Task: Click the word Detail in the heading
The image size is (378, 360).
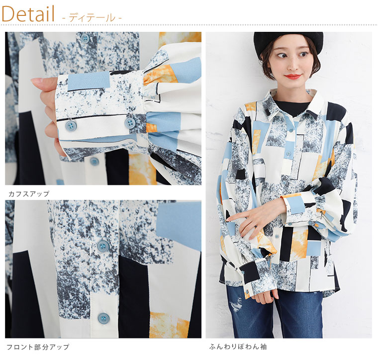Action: pyautogui.click(x=28, y=14)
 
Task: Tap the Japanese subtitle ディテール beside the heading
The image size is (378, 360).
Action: pyautogui.click(x=92, y=18)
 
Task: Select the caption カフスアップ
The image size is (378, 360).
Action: pyautogui.click(x=29, y=193)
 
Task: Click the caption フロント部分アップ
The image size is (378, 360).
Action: pyautogui.click(x=38, y=347)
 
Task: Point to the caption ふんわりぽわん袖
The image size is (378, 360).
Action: pyautogui.click(x=238, y=347)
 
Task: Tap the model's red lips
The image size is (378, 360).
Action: pyautogui.click(x=292, y=77)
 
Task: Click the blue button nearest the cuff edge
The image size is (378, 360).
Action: pyautogui.click(x=71, y=125)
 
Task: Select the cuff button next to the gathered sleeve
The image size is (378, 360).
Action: pyautogui.click(x=130, y=123)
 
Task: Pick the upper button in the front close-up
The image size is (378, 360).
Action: pyautogui.click(x=103, y=245)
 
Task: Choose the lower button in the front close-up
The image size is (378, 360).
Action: pyautogui.click(x=103, y=319)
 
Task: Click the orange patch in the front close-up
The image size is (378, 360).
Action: pyautogui.click(x=169, y=324)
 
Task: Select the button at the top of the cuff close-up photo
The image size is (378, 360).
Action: pyautogui.click(x=85, y=37)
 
